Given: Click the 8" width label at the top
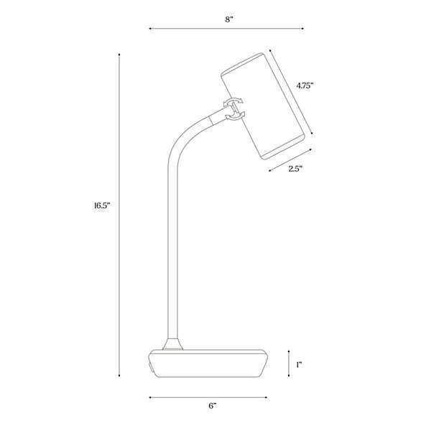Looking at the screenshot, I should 228,19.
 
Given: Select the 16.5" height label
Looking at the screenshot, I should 101,205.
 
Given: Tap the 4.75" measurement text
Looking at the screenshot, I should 305,85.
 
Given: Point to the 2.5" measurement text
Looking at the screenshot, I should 295,170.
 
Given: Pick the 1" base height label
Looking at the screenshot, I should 298,364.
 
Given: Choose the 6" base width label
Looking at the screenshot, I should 212,406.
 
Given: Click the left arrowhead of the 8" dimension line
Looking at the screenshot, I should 150,29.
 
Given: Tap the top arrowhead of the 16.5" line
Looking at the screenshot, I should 119,52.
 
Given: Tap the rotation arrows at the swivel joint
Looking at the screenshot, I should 235,106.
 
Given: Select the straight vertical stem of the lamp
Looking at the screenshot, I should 172,251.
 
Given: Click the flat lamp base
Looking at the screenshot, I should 208,365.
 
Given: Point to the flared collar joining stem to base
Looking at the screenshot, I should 172,344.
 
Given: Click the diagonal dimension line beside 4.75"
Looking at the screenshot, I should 292,92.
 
